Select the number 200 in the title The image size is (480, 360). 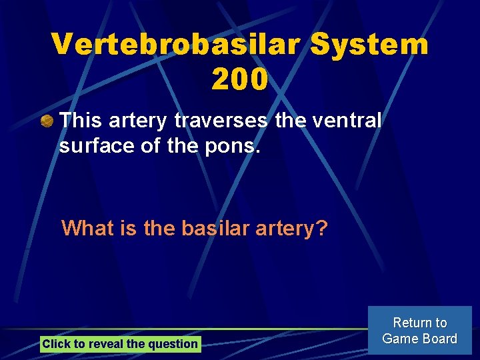pos(240,79)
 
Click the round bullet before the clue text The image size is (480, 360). pos(46,121)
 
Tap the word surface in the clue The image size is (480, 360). pos(89,146)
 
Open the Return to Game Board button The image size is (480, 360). pos(419,331)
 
